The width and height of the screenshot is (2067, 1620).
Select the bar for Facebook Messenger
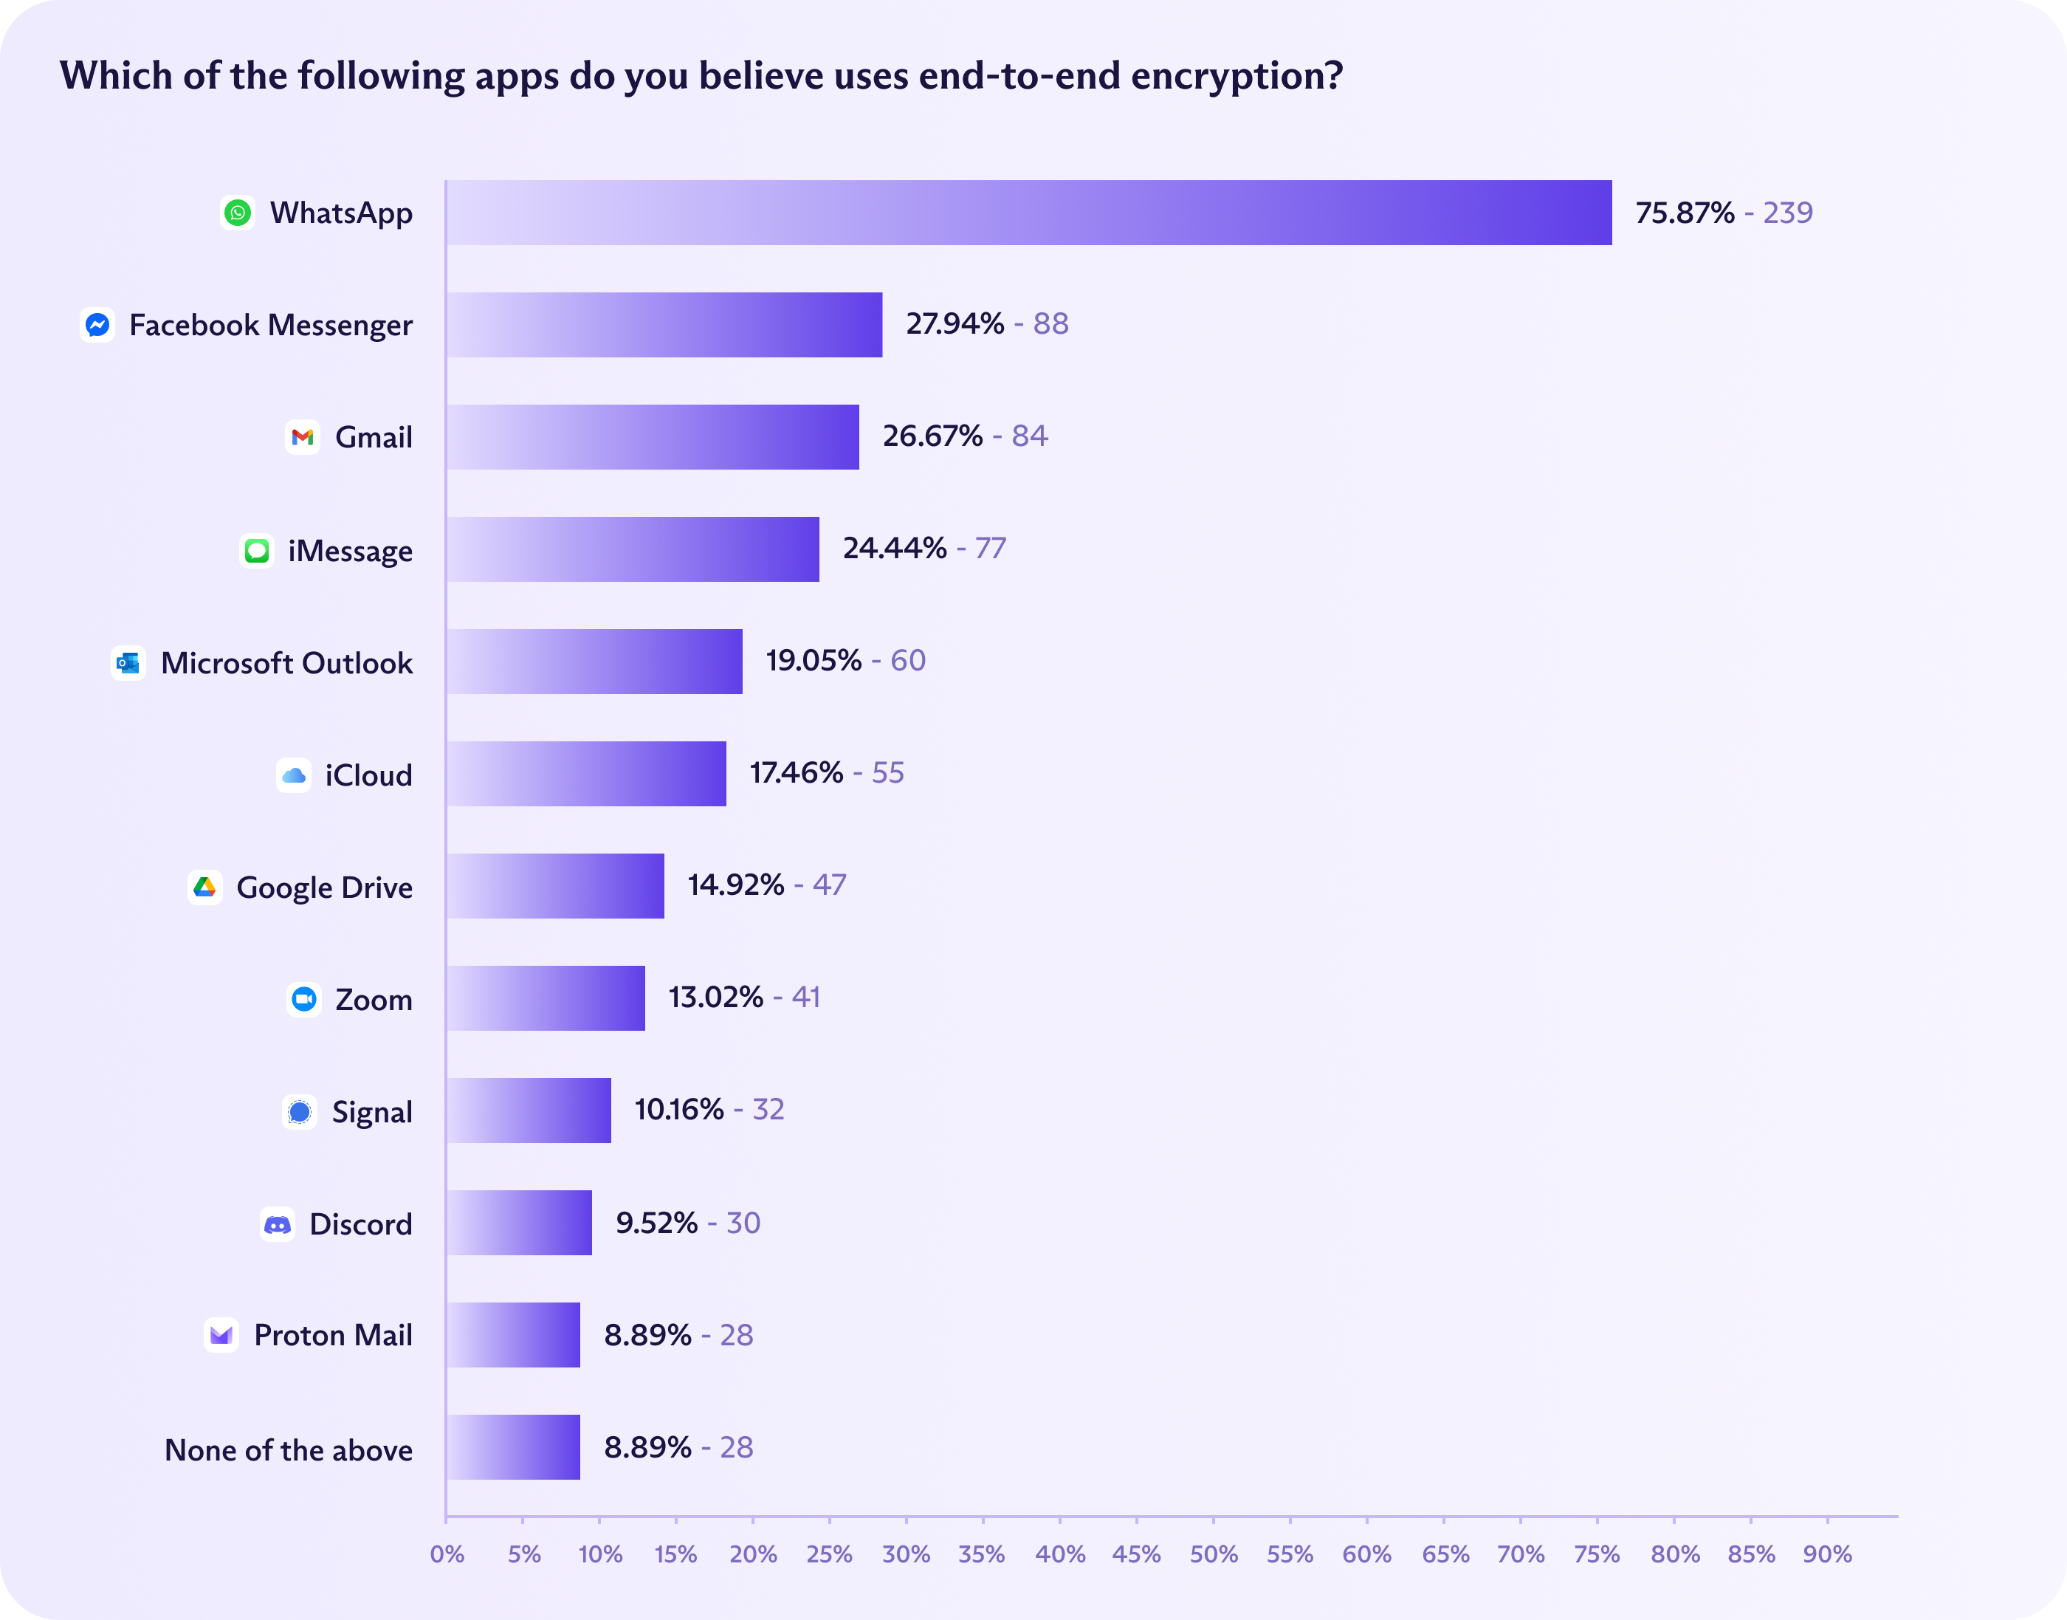coord(664,324)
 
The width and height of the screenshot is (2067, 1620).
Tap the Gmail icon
coord(303,437)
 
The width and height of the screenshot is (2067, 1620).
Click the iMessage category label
coord(350,550)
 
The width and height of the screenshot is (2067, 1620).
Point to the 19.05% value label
coord(814,660)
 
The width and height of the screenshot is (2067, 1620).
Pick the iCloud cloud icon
coord(294,775)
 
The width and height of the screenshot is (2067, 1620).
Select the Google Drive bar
coord(554,886)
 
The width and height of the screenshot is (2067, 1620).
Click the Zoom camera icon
coord(303,999)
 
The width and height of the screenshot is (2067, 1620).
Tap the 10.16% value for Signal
coord(679,1109)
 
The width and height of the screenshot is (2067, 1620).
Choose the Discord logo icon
coord(277,1224)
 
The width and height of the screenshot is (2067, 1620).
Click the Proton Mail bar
coord(513,1334)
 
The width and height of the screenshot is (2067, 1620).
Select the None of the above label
coord(288,1449)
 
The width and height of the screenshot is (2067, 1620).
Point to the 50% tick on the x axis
coord(1214,1554)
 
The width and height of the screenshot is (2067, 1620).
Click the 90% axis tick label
coord(1827,1554)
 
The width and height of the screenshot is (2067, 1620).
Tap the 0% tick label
coord(447,1554)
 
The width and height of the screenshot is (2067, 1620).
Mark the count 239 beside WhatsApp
coord(1787,213)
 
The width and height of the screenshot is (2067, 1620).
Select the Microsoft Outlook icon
coord(128,663)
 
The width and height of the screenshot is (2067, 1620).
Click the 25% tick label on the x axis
coord(829,1554)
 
